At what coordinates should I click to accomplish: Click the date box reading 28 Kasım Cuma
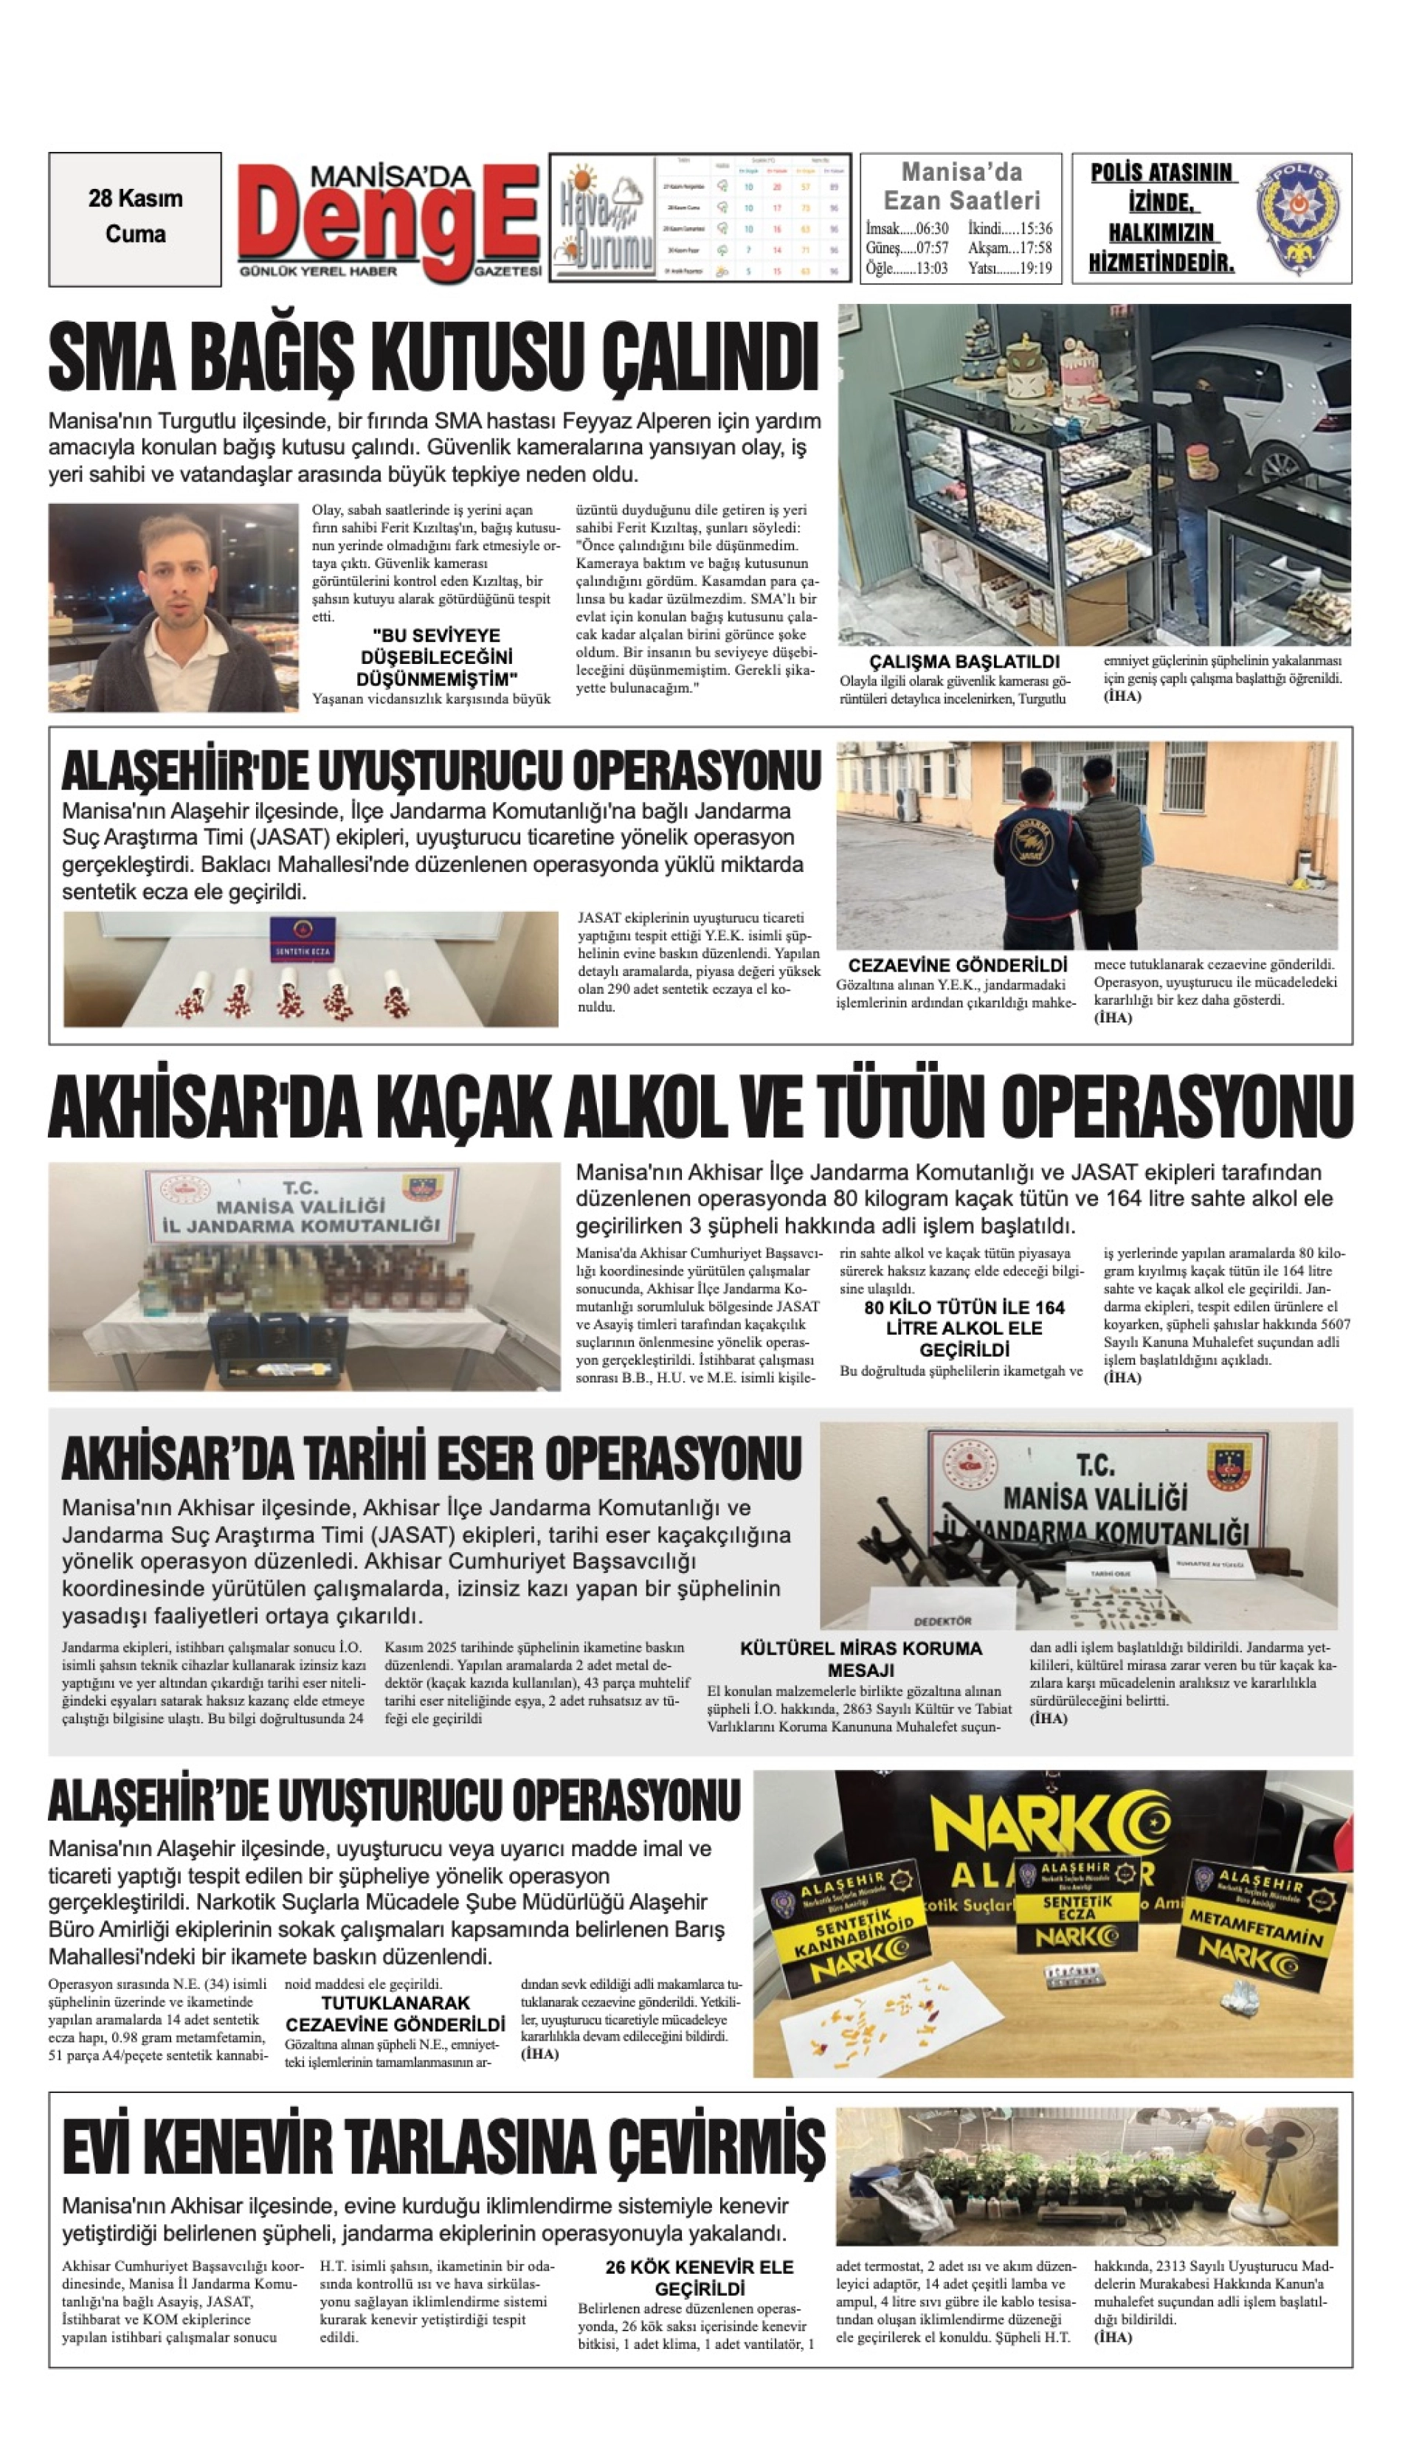[x=135, y=218]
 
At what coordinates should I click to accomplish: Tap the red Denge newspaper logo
[x=390, y=221]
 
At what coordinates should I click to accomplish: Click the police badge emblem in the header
[x=1295, y=218]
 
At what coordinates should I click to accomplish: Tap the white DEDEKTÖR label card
[x=943, y=1620]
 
